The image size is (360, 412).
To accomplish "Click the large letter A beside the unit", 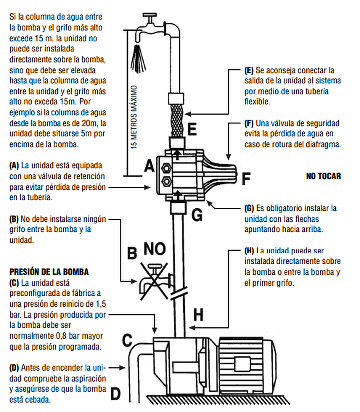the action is (x=150, y=166).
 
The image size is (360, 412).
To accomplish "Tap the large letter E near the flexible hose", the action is (x=192, y=129).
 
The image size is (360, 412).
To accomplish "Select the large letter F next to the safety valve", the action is (x=246, y=178).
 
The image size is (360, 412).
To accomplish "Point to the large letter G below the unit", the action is (x=197, y=215).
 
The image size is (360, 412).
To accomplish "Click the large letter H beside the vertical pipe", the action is (x=199, y=314).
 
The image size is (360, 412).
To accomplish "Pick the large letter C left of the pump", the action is (x=127, y=340).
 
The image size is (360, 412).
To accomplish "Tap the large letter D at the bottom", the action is (x=115, y=394).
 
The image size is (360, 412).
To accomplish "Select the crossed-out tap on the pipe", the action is (x=155, y=281).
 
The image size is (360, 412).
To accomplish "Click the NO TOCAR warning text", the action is (x=323, y=176).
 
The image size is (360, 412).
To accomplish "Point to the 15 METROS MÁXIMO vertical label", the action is (x=134, y=117).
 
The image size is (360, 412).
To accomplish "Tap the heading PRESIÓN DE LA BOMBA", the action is (x=49, y=272).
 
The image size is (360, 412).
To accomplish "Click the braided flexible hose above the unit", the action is (x=177, y=120).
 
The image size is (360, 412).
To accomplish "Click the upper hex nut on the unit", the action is (x=167, y=168).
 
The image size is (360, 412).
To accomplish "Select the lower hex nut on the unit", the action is (x=167, y=181).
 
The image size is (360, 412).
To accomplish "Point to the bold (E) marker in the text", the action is (x=249, y=70).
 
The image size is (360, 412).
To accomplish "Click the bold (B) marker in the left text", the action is (x=14, y=219).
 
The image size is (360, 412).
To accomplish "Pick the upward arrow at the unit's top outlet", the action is (x=177, y=154).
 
